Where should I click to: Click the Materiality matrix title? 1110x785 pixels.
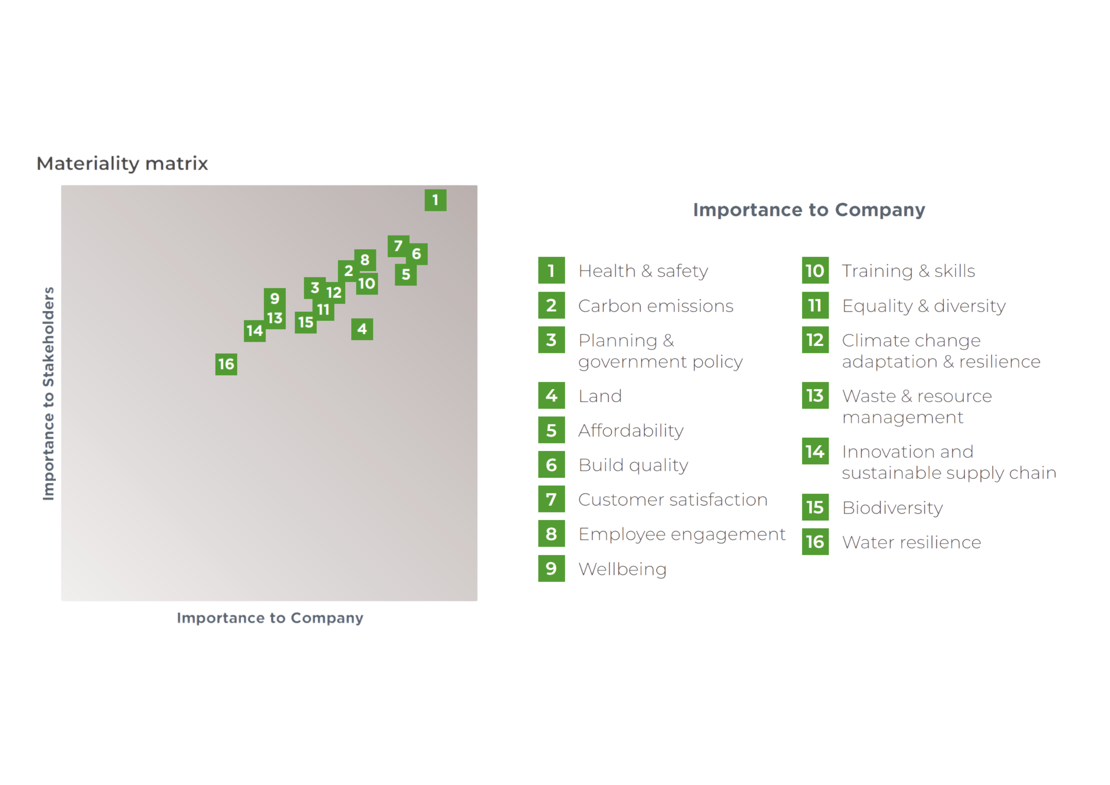coord(122,164)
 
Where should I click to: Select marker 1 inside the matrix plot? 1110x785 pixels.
coord(435,200)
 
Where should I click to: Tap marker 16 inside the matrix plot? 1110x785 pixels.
coord(226,364)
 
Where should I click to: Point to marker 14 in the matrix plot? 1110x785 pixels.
coord(254,331)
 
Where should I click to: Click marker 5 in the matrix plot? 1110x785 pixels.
coord(406,274)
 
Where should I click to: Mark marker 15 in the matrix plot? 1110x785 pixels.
coord(306,322)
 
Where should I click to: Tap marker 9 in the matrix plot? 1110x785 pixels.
coord(274,298)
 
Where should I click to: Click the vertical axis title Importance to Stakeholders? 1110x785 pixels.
coord(49,393)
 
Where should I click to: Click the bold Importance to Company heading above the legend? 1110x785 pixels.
coord(809,210)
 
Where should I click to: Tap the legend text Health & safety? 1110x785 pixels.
coord(643,271)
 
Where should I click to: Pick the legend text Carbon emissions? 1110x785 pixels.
coord(656,306)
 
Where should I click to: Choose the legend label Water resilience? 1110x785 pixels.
coord(911,542)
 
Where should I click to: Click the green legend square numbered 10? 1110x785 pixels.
coord(815,271)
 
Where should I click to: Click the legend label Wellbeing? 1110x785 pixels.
coord(622,569)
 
